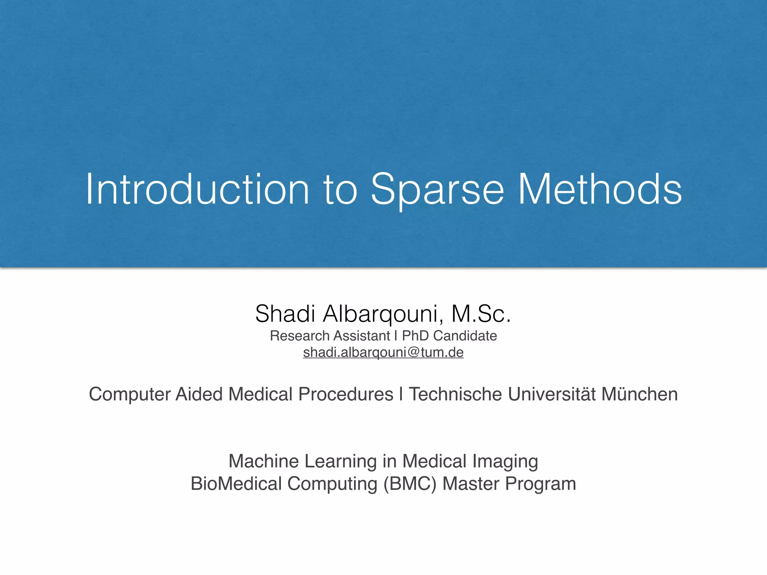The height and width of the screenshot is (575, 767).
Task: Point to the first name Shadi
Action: (x=285, y=314)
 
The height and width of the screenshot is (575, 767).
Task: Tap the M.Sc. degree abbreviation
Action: (x=481, y=314)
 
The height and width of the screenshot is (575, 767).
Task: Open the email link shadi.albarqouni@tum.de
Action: (x=383, y=353)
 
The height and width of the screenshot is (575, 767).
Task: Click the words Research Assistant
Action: (x=330, y=336)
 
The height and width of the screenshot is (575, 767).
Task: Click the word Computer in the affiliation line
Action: (x=130, y=395)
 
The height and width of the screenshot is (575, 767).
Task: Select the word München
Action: (x=640, y=395)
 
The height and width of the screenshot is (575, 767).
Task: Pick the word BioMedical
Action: (x=236, y=484)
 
